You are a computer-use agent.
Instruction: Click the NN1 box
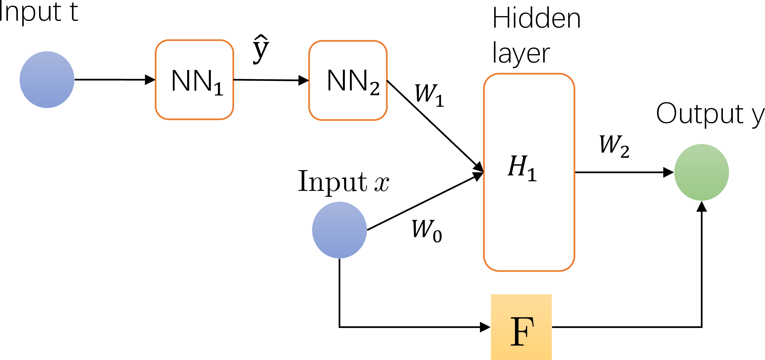[x=195, y=80]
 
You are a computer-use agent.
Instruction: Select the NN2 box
[x=348, y=80]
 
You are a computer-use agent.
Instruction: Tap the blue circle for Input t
[x=47, y=80]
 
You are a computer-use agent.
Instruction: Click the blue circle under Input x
[x=339, y=230]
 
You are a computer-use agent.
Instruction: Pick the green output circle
[x=701, y=172]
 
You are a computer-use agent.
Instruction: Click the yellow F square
[x=521, y=327]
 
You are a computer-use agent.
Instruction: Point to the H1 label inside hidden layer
[x=522, y=168]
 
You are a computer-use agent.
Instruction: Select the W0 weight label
[x=427, y=231]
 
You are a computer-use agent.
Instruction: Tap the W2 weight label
[x=614, y=146]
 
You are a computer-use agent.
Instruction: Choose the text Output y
[x=710, y=114]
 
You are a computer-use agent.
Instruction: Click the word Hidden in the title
[x=536, y=18]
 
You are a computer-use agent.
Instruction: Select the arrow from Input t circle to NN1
[x=114, y=80]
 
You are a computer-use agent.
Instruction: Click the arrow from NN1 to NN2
[x=270, y=80]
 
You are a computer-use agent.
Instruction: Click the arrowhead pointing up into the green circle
[x=701, y=207]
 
